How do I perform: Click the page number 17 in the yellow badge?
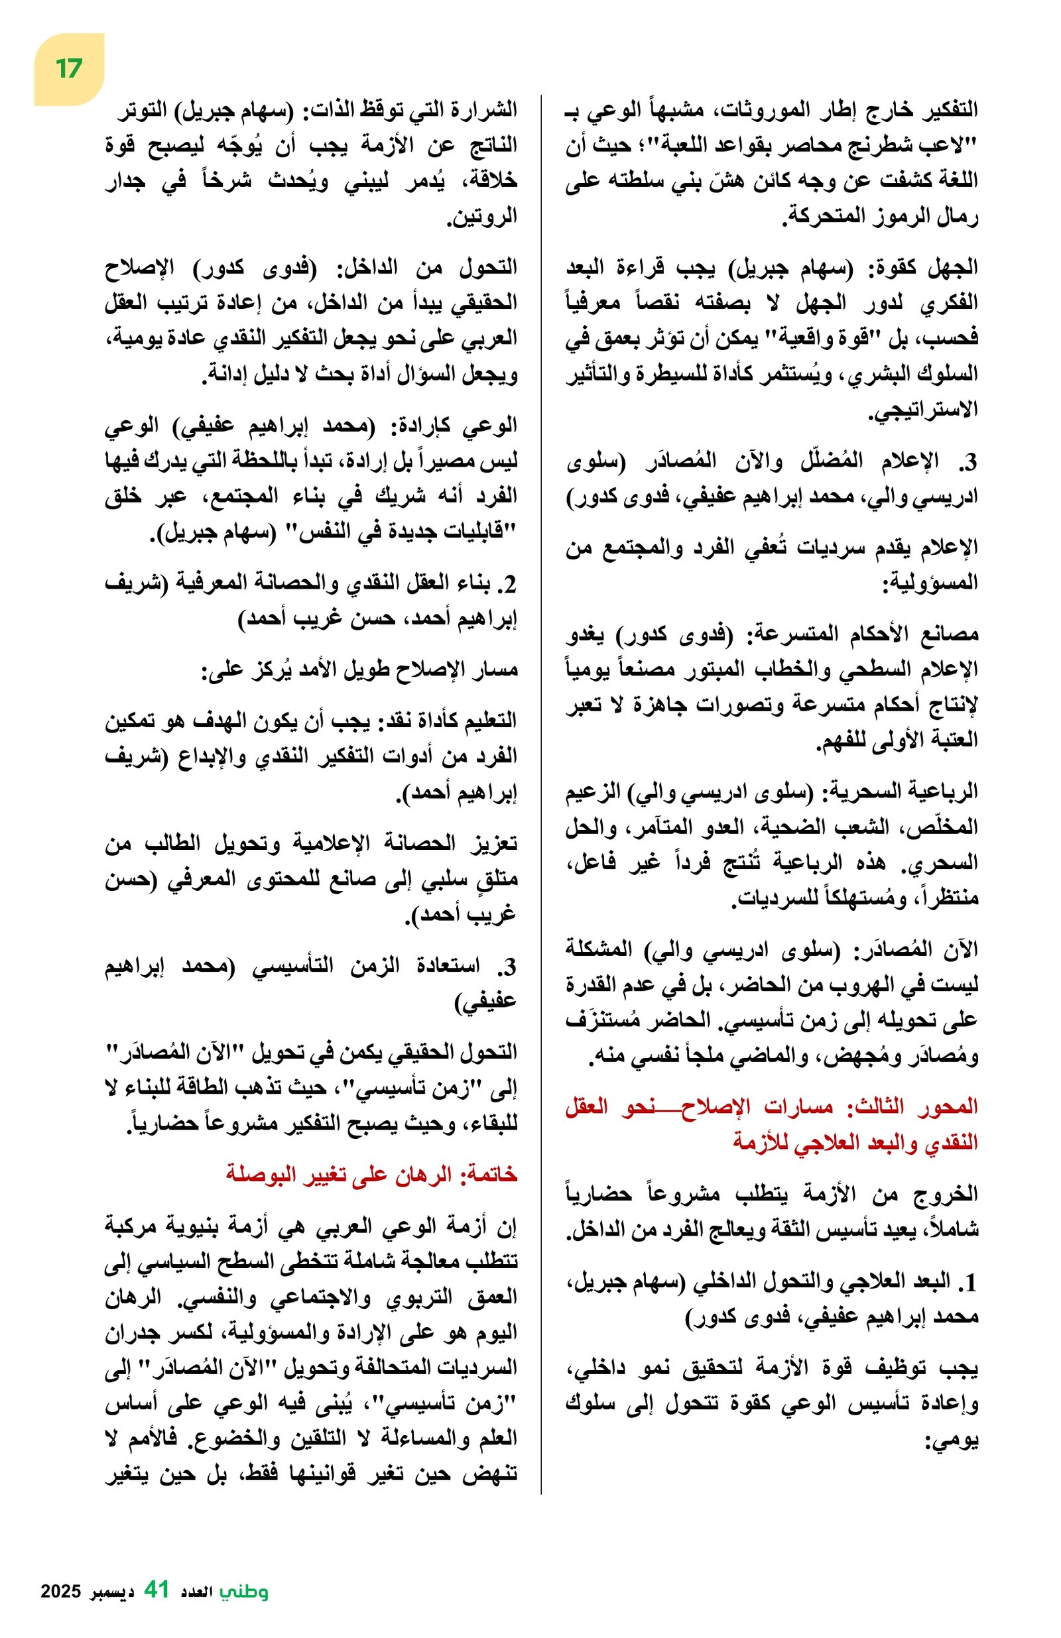tap(69, 69)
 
